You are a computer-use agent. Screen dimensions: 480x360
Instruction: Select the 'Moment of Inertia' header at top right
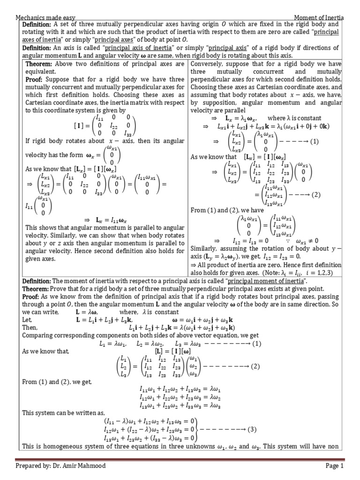(319, 17)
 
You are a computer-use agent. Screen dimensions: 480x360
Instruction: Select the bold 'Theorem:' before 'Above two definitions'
(40, 63)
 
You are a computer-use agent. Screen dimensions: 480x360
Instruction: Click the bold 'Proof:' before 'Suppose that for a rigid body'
(34, 79)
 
